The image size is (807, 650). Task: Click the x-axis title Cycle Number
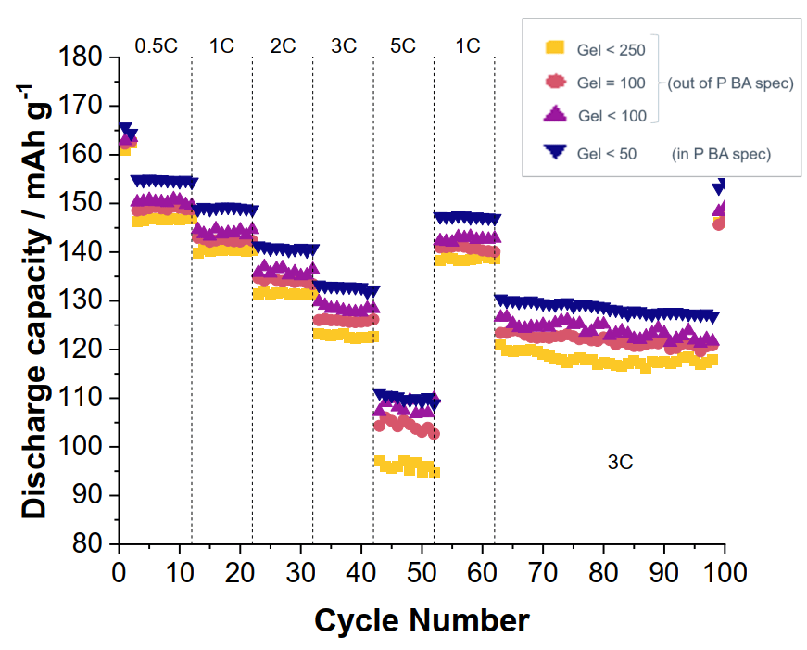coord(422,618)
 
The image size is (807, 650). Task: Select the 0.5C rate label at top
coord(156,45)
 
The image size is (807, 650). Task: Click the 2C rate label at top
coord(283,45)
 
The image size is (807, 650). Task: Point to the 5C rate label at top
coord(403,45)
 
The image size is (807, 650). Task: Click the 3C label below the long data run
coord(620,462)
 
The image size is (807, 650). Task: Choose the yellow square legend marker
coord(554,45)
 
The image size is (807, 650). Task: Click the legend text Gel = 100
coord(612,83)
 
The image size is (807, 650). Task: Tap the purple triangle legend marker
coord(554,115)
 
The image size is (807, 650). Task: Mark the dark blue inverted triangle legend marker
coord(554,152)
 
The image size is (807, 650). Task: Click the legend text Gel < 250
coord(611,46)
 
